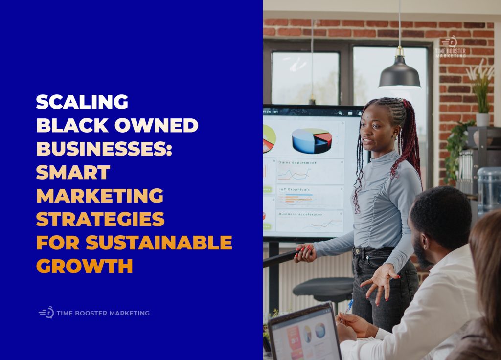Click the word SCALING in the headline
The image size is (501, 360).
click(82, 102)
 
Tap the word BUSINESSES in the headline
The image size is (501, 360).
click(104, 149)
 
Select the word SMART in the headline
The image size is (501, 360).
click(73, 172)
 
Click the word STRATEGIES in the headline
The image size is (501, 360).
click(100, 219)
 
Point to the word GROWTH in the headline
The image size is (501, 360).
click(85, 266)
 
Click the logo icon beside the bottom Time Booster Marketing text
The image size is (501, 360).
click(46, 313)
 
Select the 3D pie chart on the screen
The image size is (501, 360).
click(311, 140)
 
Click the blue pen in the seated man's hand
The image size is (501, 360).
click(348, 307)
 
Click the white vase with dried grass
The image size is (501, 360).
click(482, 119)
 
